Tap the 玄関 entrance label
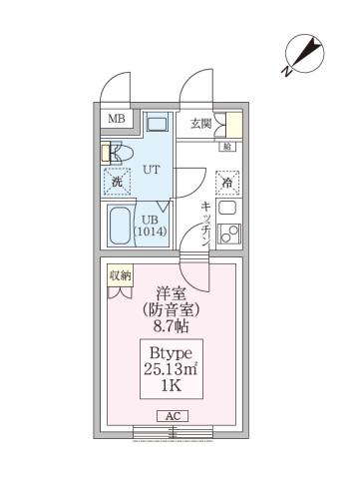coord(200,124)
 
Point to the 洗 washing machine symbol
coord(117,182)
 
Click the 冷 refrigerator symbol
coord(228,183)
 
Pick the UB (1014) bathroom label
coord(151,228)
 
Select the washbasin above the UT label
coord(157,125)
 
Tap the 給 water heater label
coord(227,148)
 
